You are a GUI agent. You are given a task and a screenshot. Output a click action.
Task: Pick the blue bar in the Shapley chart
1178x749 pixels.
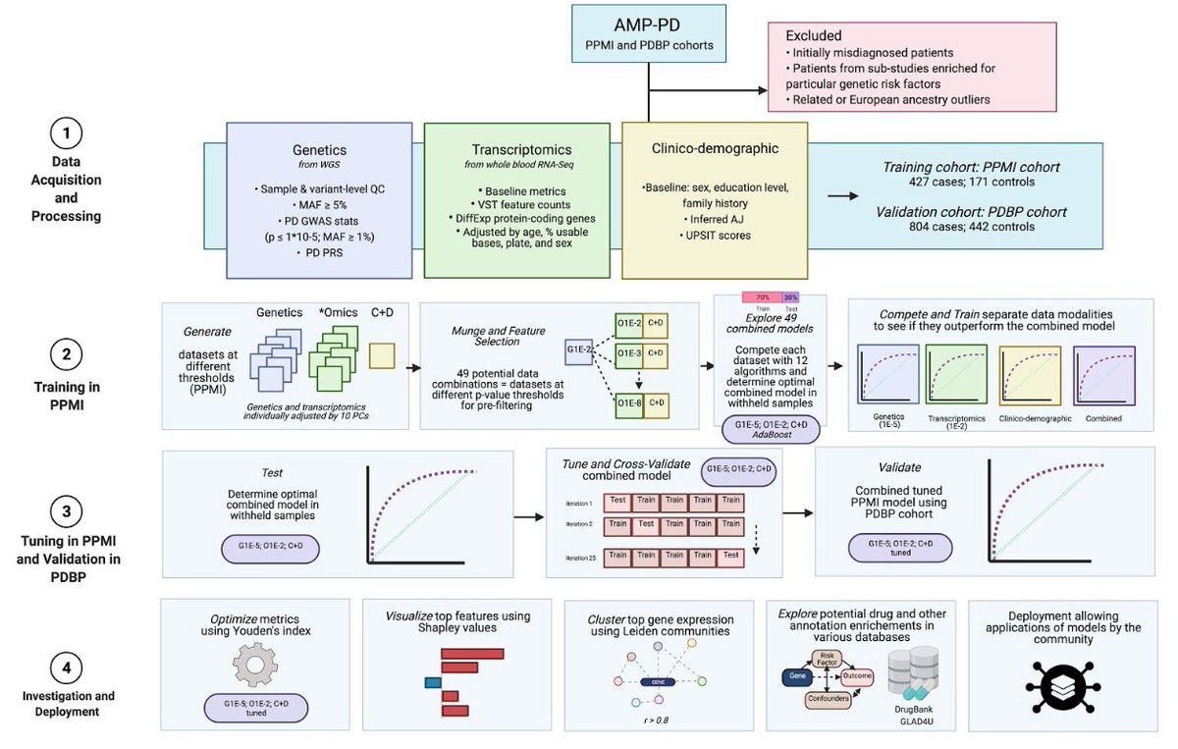tap(432, 682)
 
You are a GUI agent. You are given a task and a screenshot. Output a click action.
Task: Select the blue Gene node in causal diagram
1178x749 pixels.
tap(795, 676)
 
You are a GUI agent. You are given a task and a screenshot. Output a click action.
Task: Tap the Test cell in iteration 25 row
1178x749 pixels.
tap(730, 556)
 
